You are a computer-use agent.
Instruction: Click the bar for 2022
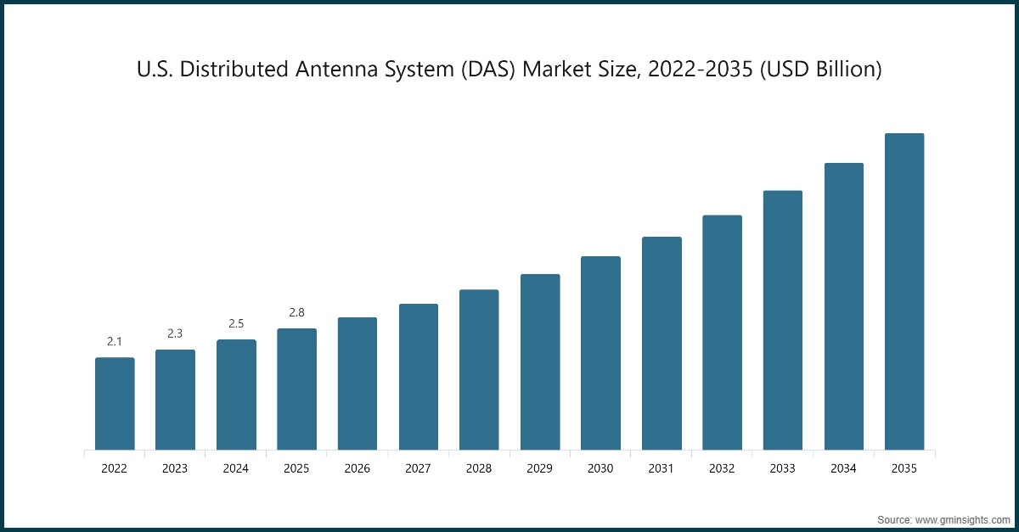tap(115, 404)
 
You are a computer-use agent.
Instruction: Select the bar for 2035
tap(904, 292)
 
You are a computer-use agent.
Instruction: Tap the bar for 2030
tap(600, 353)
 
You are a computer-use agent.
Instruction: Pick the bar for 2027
tap(419, 377)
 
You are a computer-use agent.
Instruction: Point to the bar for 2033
tap(783, 320)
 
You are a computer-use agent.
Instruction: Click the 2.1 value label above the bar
tap(115, 341)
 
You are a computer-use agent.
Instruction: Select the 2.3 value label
tap(175, 333)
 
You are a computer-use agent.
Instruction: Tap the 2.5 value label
tap(236, 323)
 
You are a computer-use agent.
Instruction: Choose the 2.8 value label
tap(296, 312)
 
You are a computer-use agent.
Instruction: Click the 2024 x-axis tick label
tap(236, 468)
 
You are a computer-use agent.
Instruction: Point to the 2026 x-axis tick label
tap(357, 468)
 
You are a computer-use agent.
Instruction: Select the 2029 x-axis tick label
tap(540, 468)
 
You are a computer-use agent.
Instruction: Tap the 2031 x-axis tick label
tap(662, 468)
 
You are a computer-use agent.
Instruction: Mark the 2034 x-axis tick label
tap(844, 468)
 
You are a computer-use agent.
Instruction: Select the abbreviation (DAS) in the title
tap(485, 70)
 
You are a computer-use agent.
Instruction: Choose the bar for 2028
tap(479, 370)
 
